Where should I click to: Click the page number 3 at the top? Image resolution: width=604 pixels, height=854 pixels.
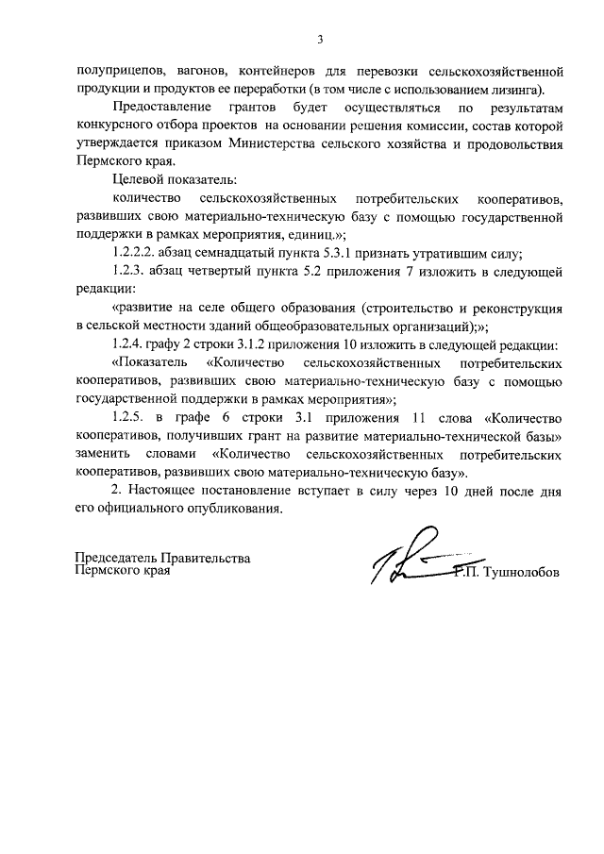coord(320,40)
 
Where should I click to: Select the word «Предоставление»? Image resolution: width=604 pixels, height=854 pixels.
coord(157,109)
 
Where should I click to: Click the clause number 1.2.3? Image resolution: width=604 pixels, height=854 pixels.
coord(130,273)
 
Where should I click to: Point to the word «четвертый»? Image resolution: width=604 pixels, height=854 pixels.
coord(220,273)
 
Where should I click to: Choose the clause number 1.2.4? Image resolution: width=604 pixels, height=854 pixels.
coord(130,344)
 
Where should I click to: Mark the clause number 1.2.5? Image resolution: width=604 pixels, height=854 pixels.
coord(130,417)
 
